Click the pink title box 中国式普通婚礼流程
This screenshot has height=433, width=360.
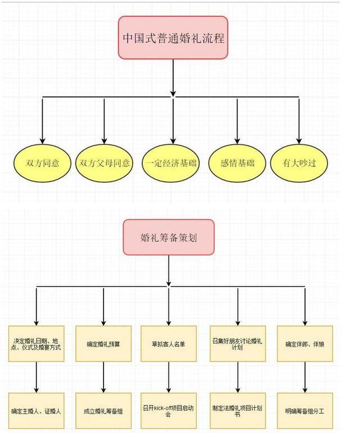tap(173, 38)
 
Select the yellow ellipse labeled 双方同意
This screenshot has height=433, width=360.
tap(43, 164)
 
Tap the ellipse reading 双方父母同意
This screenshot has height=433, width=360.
tap(105, 164)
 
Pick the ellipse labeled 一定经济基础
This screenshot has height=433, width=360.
tap(171, 164)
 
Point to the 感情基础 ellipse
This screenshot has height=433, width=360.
tap(237, 164)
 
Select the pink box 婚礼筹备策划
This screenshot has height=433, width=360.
tap(169, 237)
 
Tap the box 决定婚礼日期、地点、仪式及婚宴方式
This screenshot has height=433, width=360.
tap(37, 344)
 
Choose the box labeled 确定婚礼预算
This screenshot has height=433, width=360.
tap(103, 344)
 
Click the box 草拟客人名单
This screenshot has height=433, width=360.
tap(169, 344)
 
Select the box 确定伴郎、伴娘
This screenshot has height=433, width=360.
tap(305, 344)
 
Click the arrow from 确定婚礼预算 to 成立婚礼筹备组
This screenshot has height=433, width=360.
tap(103, 377)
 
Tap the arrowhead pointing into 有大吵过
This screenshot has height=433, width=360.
tap(299, 141)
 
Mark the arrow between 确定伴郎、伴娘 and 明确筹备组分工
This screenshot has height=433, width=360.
tap(305, 377)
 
